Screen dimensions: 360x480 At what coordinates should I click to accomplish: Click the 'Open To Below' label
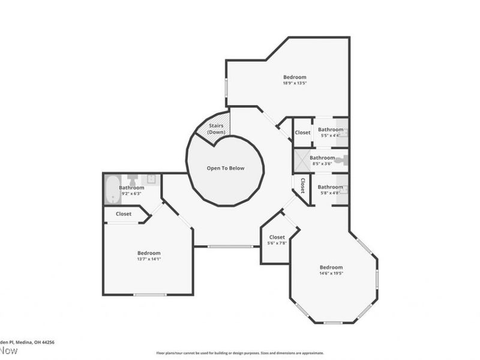coord(226,169)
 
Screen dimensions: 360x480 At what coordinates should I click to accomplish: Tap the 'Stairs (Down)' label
coord(215,128)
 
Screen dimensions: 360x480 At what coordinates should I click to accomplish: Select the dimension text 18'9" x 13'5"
coord(295,84)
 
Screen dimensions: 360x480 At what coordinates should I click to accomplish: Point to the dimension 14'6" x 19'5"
coord(331,274)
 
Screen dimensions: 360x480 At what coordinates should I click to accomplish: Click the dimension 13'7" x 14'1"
coord(149,259)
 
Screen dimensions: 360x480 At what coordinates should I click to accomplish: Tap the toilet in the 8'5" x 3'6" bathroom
coord(341,161)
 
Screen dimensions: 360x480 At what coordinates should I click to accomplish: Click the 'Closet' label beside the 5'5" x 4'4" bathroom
coord(302,133)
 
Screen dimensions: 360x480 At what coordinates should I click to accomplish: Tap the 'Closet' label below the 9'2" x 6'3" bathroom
coord(124,214)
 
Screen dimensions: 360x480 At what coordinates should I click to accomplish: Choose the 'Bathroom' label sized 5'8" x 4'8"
coord(330,186)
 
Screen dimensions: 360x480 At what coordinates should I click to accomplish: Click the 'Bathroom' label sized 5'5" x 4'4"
coord(330,130)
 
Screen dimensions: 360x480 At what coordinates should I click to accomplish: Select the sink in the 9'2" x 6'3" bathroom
coord(152,179)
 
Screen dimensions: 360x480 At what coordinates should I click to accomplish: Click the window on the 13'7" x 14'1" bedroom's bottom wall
coord(149,295)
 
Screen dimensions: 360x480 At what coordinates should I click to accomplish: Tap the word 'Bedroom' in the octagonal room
coord(331,267)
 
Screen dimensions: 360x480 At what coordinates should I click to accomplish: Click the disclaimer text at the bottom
coord(240,353)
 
